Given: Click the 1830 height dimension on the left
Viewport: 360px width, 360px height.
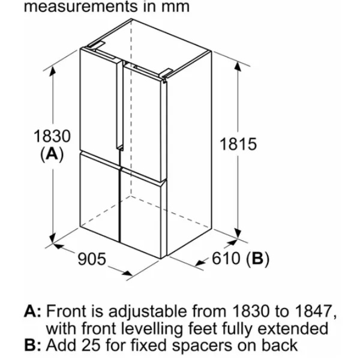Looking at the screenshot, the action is (52, 136).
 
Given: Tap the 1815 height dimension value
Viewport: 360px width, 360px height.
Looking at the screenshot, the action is (238, 144).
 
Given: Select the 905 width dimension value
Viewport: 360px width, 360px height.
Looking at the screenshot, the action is (92, 259).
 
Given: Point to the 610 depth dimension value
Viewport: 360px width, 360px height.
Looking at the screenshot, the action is (226, 258).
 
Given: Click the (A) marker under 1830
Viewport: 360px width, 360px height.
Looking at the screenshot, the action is (52, 154).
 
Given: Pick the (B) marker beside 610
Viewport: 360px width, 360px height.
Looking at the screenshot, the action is (257, 259).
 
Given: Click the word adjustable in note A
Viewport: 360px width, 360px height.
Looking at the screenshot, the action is (148, 312).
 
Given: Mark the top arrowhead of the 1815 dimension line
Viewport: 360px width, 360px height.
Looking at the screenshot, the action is (238, 66).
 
